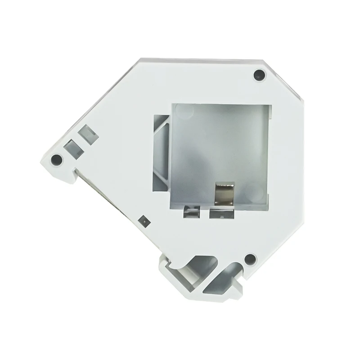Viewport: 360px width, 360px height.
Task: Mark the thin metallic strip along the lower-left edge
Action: point(97,189)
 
